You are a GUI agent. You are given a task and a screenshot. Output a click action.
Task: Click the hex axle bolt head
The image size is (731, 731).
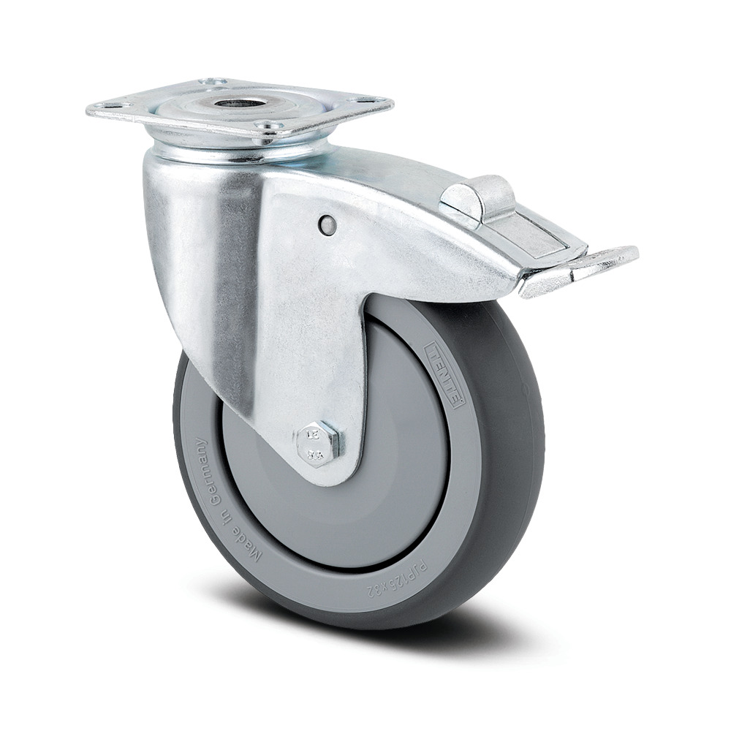point(319,443)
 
